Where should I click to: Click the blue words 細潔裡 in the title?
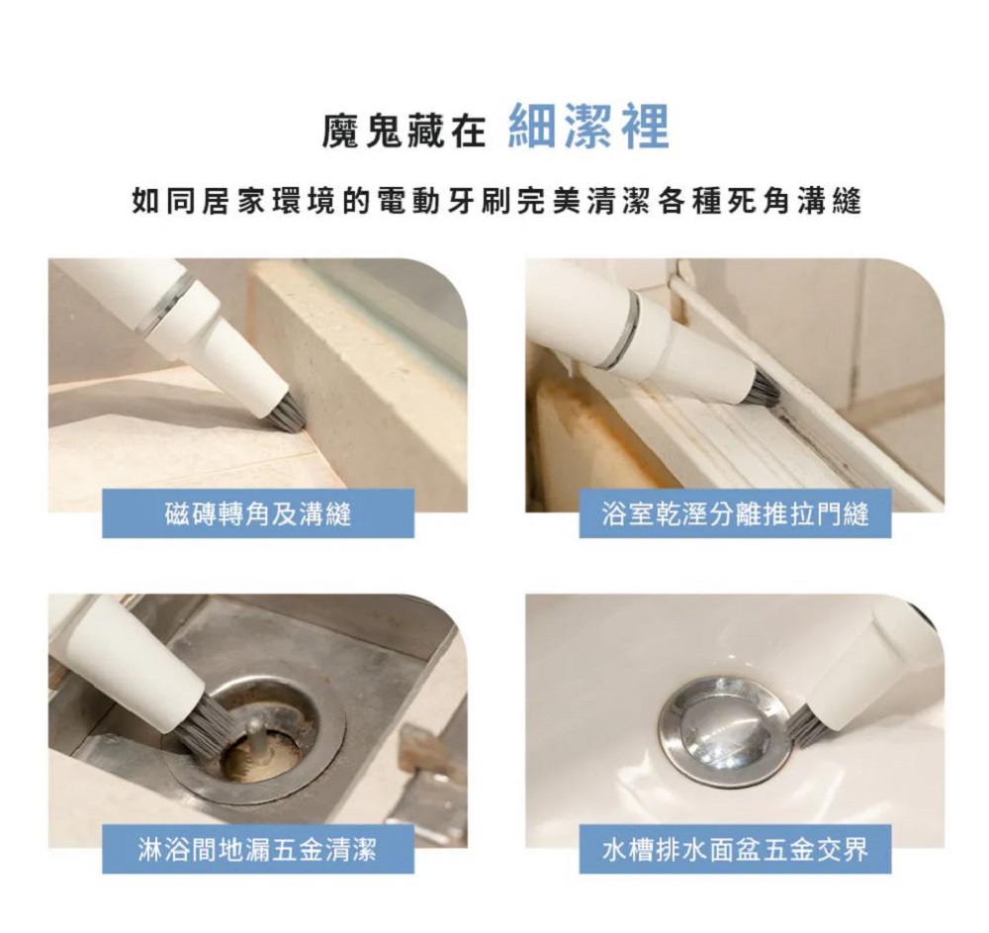pyautogui.click(x=588, y=128)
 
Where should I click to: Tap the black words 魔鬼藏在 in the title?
pyautogui.click(x=404, y=130)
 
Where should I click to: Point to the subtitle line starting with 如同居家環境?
pyautogui.click(x=496, y=201)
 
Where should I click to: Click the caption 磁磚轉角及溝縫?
pyautogui.click(x=258, y=514)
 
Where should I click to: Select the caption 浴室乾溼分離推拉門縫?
pyautogui.click(x=735, y=514)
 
